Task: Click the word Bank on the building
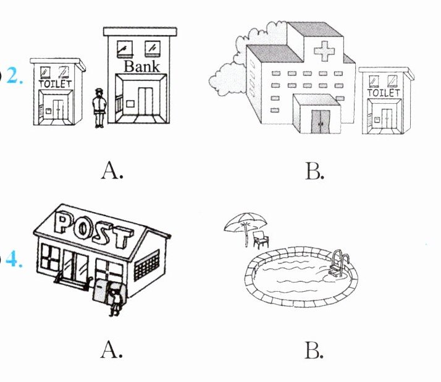coord(141,66)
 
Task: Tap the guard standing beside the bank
coord(98,108)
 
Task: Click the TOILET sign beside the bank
coord(56,83)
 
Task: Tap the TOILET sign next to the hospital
coord(384,92)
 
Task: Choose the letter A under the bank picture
coord(112,169)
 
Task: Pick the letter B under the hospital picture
coord(314,170)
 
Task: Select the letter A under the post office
coord(112,350)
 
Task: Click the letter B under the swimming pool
coord(314,350)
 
